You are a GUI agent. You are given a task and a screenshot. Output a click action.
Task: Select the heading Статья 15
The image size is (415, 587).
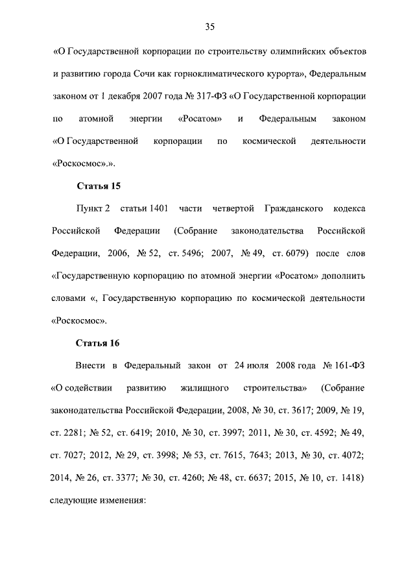click(99, 187)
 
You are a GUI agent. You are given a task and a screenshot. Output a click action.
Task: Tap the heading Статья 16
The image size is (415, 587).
click(99, 342)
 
